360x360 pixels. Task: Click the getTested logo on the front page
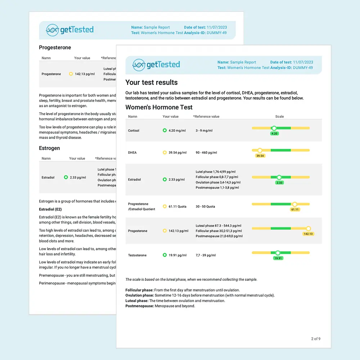(156, 65)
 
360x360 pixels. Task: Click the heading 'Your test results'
(151, 82)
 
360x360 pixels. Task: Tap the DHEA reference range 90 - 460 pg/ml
(206, 153)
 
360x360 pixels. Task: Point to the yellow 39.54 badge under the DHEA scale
(260, 156)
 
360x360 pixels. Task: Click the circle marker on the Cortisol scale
(274, 128)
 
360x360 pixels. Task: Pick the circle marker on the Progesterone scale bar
(308, 228)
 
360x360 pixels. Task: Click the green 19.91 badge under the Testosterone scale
(278, 258)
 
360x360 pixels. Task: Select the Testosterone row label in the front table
(137, 255)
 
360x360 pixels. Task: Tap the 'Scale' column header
(279, 117)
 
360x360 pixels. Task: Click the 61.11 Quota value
(177, 207)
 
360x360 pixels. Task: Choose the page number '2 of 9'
(315, 339)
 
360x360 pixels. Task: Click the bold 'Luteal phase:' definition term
(137, 301)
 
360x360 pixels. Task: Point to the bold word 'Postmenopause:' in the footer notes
(140, 306)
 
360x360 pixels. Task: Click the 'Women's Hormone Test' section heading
(159, 107)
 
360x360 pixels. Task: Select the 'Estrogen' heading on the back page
(49, 148)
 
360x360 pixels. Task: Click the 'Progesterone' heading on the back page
(55, 48)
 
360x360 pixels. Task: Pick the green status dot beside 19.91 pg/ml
(165, 255)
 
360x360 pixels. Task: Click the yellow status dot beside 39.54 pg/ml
(165, 153)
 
